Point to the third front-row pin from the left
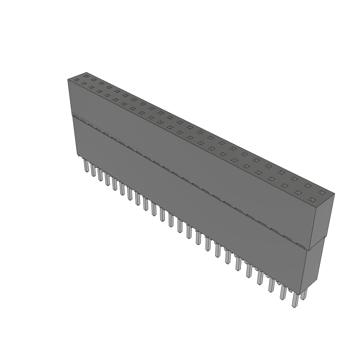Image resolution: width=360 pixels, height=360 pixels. (100, 175)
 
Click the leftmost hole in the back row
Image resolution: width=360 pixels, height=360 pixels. (86, 76)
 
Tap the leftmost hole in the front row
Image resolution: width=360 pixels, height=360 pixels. (76, 80)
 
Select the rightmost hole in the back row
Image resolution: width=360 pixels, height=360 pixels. (322, 192)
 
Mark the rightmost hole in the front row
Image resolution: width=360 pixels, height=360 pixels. (312, 200)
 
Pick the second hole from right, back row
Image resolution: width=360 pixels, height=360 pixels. (308, 185)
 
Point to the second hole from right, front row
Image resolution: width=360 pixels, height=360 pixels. (298, 192)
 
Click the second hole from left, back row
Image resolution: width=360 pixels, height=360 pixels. (94, 80)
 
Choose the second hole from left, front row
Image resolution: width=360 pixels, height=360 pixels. (84, 84)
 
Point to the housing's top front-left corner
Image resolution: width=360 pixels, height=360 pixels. (68, 80)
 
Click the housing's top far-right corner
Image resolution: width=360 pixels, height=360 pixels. (334, 193)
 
